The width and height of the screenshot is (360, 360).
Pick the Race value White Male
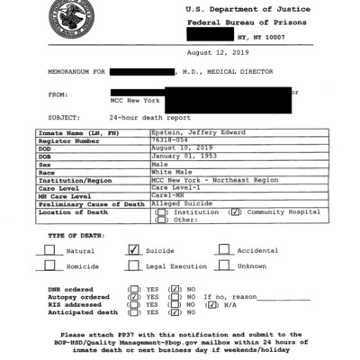coord(170,173)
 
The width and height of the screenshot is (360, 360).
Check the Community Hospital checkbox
coord(235,212)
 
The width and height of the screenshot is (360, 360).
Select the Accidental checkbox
coord(224,250)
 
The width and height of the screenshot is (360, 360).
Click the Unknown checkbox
coord(224,266)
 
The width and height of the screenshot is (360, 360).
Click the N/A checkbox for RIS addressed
coord(211,304)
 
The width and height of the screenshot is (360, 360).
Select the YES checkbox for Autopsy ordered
coord(133,296)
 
